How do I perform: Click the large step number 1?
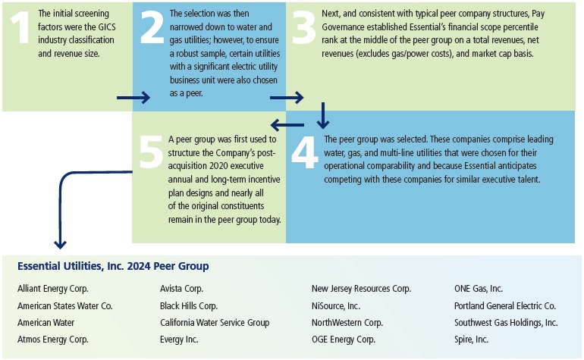click(17, 30)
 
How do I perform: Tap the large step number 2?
click(152, 30)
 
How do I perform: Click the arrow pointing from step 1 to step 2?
click(134, 98)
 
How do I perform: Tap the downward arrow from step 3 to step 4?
click(324, 114)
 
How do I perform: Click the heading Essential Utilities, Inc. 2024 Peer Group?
click(113, 267)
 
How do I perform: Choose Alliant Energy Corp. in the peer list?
click(53, 289)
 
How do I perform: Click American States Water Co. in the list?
click(64, 305)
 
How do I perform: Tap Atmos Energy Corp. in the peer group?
click(53, 339)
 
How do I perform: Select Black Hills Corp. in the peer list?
click(189, 305)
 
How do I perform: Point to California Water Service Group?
click(215, 322)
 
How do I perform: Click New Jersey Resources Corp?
click(361, 289)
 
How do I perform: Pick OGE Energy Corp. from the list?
click(344, 339)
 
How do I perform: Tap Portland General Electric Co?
click(505, 305)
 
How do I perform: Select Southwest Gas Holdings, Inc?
click(506, 322)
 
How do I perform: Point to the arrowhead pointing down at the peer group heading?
click(60, 244)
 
